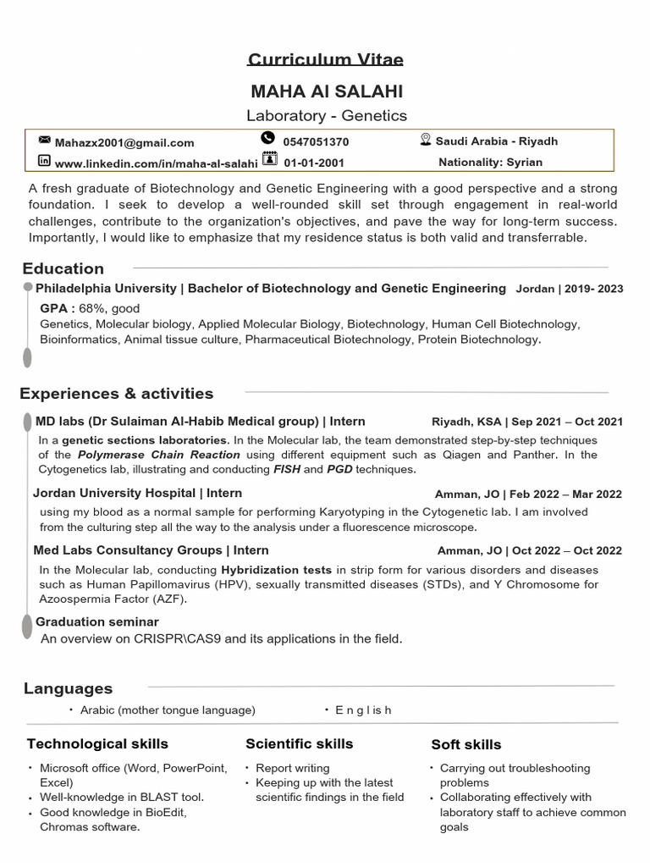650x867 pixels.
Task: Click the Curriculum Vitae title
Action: (325, 59)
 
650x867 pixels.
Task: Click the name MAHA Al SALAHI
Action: (326, 91)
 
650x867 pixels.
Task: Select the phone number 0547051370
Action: (316, 142)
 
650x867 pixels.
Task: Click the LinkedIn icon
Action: (44, 161)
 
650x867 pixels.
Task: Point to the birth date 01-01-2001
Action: (313, 163)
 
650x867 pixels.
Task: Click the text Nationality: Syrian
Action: (490, 162)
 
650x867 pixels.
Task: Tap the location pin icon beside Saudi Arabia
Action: (426, 140)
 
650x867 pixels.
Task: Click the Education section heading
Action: (63, 268)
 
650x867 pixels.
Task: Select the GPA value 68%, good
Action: (109, 308)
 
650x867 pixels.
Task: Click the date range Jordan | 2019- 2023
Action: (569, 289)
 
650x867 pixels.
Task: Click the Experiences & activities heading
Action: (117, 393)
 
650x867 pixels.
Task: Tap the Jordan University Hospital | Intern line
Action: (138, 493)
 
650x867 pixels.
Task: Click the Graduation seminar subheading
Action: (97, 621)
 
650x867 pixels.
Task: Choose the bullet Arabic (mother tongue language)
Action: (168, 710)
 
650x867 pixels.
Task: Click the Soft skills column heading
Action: (465, 744)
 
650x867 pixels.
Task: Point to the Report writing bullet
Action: (293, 768)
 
